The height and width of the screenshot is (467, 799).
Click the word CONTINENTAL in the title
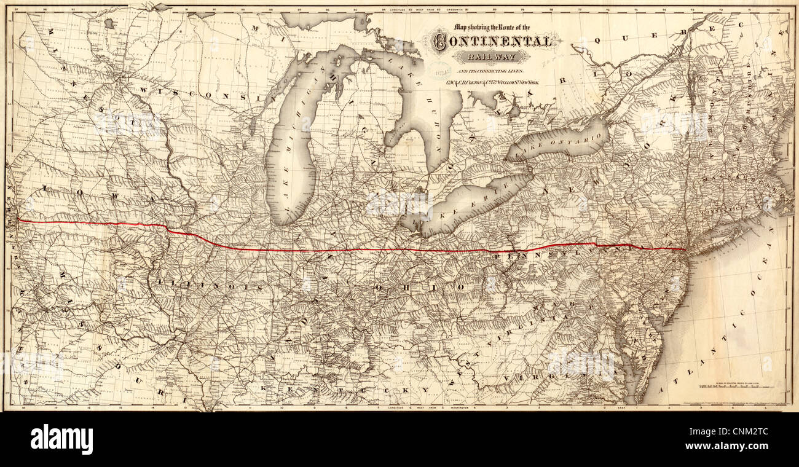(492, 42)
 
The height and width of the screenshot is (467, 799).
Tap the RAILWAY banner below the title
(492, 57)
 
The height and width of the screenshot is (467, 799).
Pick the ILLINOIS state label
(208, 286)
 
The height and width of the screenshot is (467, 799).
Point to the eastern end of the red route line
(685, 249)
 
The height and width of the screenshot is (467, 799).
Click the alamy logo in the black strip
(61, 439)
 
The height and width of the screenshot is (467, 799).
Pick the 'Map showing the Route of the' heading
(492, 27)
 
